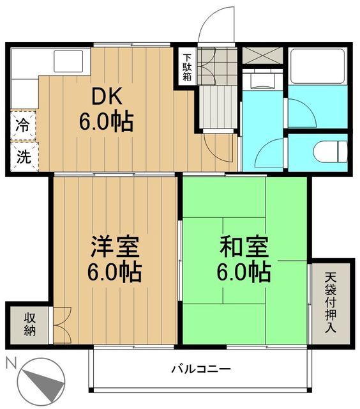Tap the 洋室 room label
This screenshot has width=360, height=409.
tap(115, 247)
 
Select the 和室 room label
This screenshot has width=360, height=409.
tap(244, 246)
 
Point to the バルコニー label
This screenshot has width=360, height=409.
tap(200, 369)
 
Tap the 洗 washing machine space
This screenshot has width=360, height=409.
tap(23, 157)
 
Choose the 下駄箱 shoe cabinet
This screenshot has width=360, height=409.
tap(186, 65)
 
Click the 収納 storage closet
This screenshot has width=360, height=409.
tap(30, 324)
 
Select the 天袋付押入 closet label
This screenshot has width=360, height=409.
tap(331, 301)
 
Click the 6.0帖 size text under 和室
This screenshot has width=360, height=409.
tap(244, 272)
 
